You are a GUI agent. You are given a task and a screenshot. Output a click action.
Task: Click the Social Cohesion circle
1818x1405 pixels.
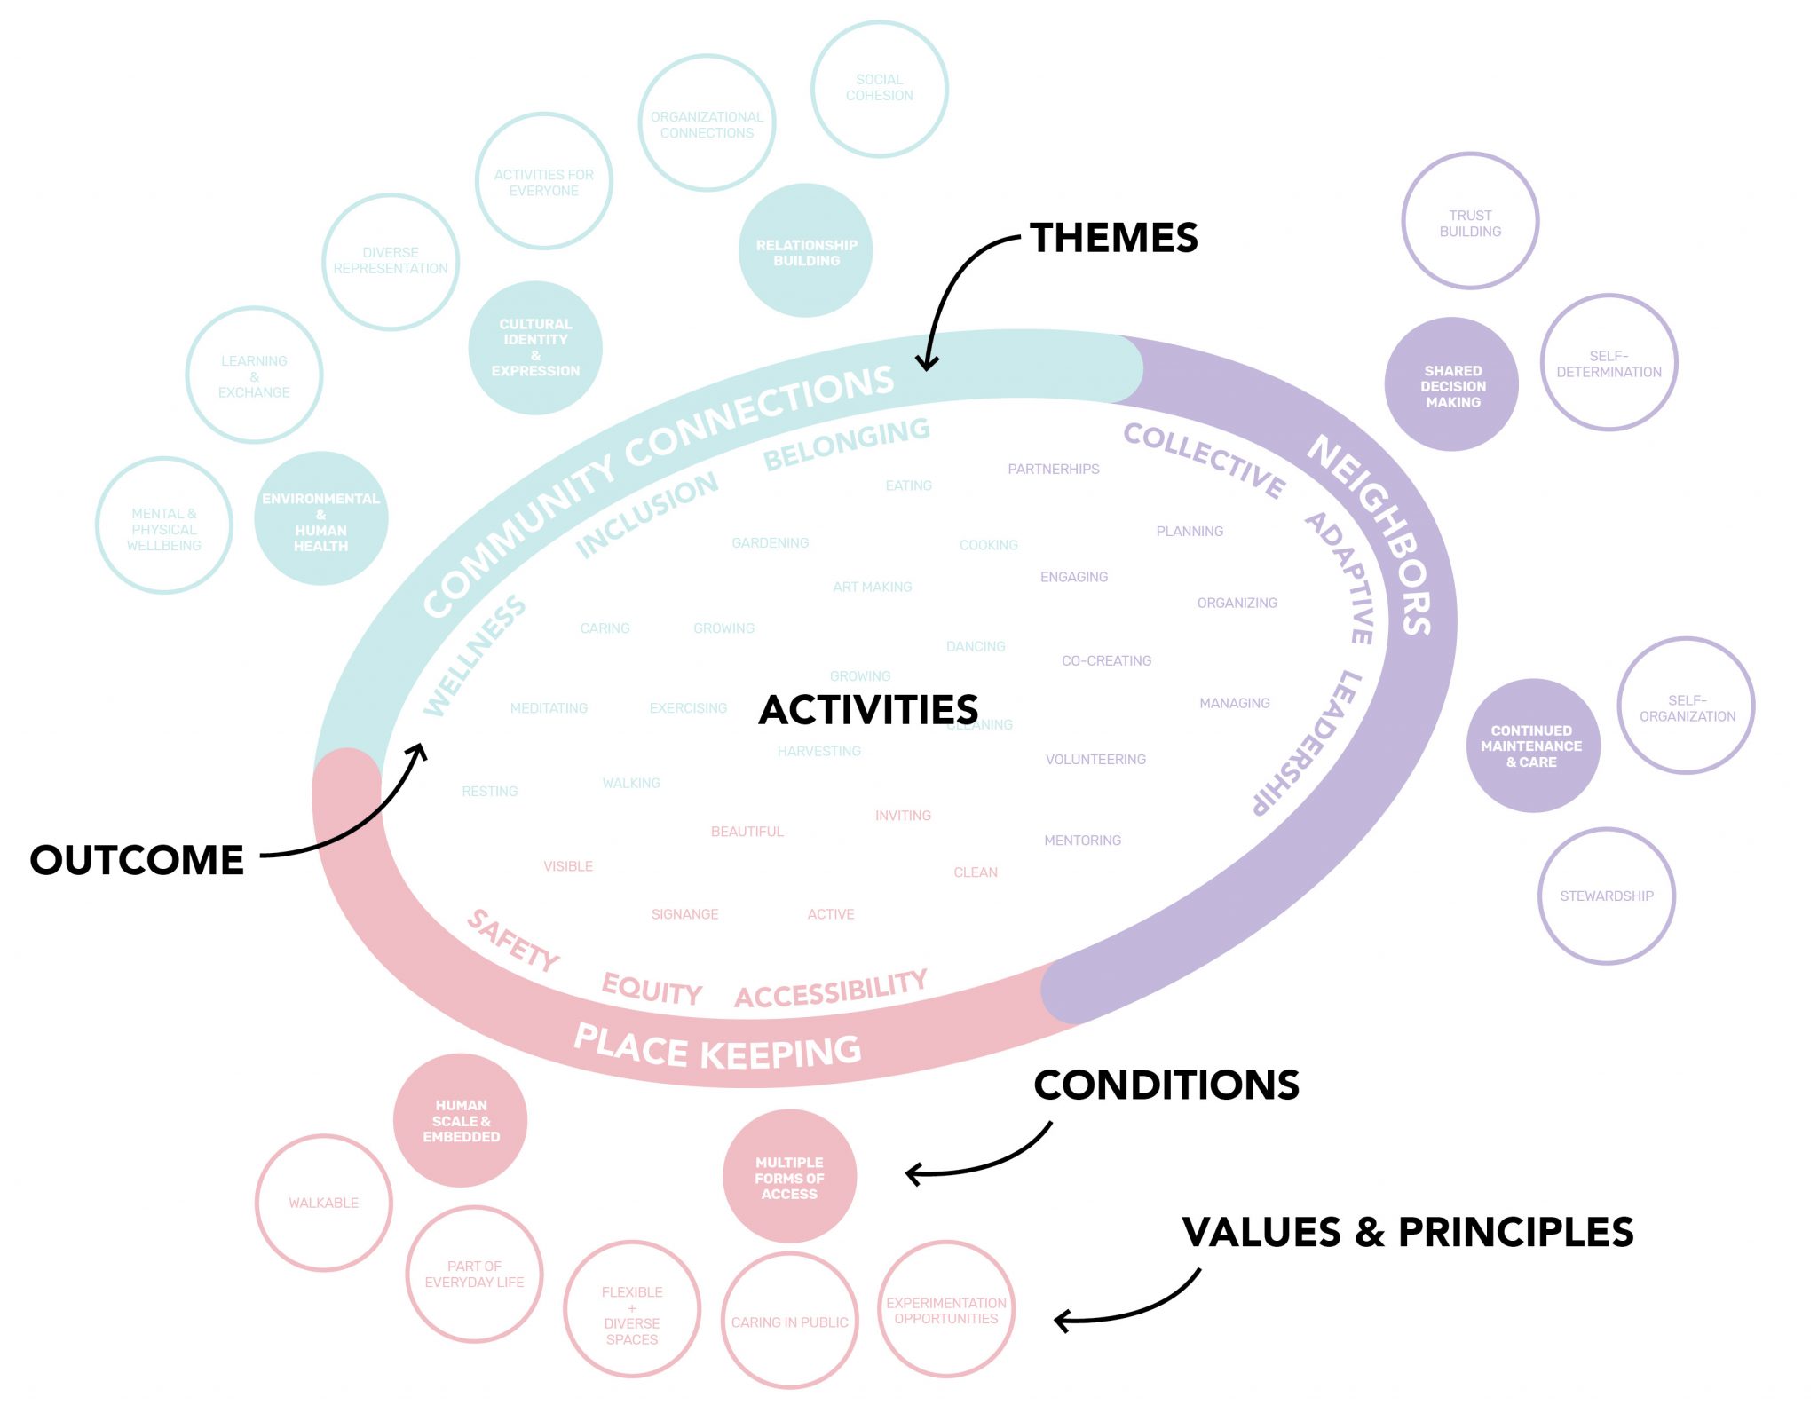(879, 89)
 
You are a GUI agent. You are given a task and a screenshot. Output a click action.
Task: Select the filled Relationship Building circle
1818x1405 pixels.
(806, 252)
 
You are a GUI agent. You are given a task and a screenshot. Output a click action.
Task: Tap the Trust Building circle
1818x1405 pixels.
(1470, 222)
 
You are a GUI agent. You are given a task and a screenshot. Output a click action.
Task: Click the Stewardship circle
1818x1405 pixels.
(1606, 896)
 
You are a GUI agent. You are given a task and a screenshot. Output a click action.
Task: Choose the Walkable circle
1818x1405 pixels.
(323, 1203)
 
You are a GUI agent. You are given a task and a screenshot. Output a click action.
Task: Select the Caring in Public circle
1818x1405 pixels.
(789, 1322)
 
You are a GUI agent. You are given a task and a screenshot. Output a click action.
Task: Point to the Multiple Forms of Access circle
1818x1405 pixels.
(789, 1178)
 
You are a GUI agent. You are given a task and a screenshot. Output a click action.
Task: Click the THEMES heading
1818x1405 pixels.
(1113, 238)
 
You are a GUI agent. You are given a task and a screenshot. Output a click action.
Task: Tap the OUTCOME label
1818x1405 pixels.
(137, 860)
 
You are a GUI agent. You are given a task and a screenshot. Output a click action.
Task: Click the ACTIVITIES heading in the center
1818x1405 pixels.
(868, 710)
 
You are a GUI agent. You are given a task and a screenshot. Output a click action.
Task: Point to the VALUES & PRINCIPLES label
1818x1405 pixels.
(1407, 1232)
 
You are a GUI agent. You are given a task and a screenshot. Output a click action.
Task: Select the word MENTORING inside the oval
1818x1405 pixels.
(1082, 840)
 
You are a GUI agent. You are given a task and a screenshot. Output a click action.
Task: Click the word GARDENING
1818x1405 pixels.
(770, 542)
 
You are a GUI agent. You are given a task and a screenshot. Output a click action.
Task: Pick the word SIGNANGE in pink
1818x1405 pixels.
(684, 914)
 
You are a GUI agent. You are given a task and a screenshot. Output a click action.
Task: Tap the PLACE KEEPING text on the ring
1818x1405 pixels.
(717, 1049)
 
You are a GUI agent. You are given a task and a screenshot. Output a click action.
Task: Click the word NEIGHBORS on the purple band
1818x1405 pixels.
(1371, 533)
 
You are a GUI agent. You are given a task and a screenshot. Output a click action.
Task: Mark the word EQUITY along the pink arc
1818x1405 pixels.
(652, 989)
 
